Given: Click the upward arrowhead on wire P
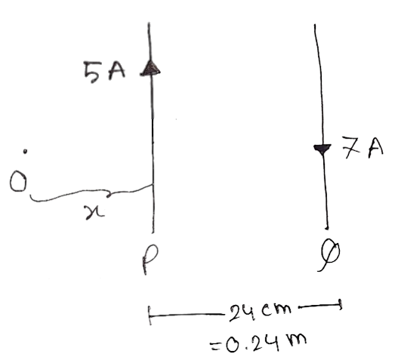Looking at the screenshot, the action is [150, 68].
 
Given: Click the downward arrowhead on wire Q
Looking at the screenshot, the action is [322, 149].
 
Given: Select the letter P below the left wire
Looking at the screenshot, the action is [150, 260].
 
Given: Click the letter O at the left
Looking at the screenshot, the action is [18, 181].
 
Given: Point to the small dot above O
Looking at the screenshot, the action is [25, 151].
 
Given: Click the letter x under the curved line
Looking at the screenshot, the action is [94, 212].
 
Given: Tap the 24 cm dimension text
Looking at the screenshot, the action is [260, 312].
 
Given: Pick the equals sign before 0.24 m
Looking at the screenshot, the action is [214, 346].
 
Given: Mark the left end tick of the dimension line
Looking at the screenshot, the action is [150, 315].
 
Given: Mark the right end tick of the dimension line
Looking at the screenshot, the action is [340, 305].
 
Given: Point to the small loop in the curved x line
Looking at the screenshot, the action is [109, 195].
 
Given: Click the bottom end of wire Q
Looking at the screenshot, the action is [327, 229].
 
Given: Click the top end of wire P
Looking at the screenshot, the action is [149, 23].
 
